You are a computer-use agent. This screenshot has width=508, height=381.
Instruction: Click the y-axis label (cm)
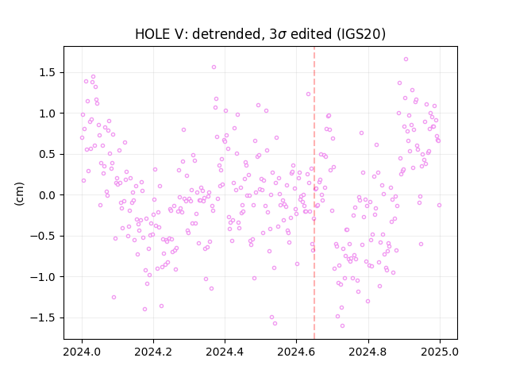(x=19, y=194)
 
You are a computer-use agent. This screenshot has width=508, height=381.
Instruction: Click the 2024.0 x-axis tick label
(x=82, y=352)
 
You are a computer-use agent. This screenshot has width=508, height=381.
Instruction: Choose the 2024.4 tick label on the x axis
(x=225, y=352)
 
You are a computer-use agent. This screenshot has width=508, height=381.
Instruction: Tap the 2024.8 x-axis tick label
(x=368, y=352)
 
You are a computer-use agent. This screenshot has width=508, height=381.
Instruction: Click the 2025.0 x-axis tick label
(x=440, y=352)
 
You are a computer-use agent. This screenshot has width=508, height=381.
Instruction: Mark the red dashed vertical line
(x=314, y=193)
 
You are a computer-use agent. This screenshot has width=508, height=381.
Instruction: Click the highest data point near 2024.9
(x=406, y=60)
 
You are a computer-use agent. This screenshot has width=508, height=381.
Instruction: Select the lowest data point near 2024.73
(x=342, y=326)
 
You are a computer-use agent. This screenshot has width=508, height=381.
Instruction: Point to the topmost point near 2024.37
(x=214, y=67)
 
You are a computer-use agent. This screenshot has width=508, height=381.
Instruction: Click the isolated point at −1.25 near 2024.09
(x=114, y=297)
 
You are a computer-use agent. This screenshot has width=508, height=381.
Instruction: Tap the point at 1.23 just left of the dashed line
(x=308, y=94)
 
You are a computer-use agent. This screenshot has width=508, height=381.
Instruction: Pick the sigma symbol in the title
(x=282, y=35)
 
